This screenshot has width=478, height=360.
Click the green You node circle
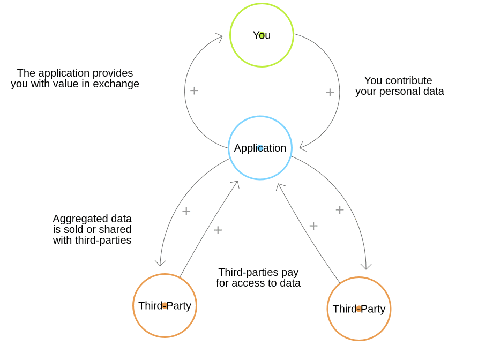point(262,35)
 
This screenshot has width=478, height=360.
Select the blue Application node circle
point(260,148)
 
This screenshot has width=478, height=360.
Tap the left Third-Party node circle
point(165,305)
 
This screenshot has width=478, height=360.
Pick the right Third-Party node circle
point(358,309)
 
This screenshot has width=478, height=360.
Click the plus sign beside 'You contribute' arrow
point(330,92)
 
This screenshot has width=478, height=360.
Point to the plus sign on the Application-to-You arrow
point(194,91)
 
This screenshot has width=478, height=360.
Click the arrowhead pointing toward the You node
point(220,36)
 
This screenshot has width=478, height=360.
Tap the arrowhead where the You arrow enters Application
point(302,147)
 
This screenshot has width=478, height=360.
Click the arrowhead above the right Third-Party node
point(366,266)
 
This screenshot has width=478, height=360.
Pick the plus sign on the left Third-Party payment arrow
point(218,230)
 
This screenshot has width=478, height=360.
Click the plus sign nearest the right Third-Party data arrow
point(340,210)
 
